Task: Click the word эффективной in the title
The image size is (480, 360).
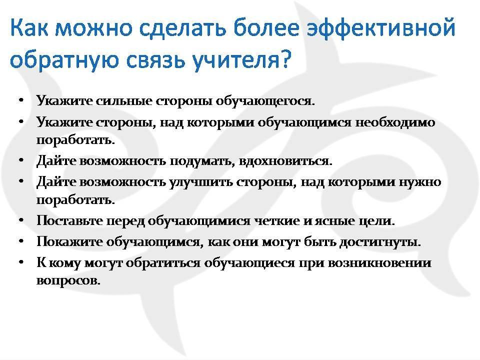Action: point(381,28)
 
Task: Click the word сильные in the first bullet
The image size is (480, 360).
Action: point(124,101)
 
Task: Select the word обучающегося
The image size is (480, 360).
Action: point(265,101)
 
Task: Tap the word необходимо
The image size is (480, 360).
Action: point(395,122)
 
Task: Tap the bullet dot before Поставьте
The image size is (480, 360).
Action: point(21,220)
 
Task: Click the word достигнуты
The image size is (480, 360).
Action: point(380,242)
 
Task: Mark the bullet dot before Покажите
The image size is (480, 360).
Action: point(21,241)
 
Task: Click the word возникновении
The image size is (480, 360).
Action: point(379,263)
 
